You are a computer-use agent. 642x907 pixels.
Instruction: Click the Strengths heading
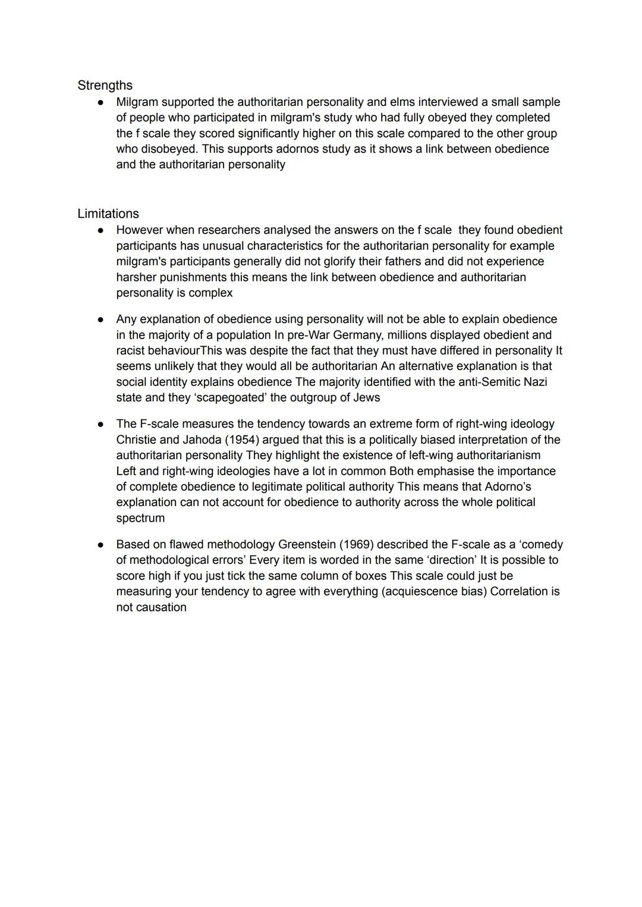pyautogui.click(x=105, y=86)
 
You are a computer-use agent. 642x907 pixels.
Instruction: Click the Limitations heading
pyautogui.click(x=108, y=214)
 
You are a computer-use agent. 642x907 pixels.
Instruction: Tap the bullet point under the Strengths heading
pyautogui.click(x=101, y=103)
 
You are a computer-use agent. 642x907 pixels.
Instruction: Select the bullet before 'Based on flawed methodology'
pyautogui.click(x=101, y=545)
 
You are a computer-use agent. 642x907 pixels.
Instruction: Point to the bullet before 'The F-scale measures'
pyautogui.click(x=101, y=425)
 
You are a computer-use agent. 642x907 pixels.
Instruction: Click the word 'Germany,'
pyautogui.click(x=357, y=335)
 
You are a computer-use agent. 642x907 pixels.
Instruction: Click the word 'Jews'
pyautogui.click(x=366, y=397)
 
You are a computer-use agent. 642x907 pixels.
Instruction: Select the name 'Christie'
pyautogui.click(x=136, y=440)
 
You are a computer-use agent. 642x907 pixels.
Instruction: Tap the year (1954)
pyautogui.click(x=242, y=440)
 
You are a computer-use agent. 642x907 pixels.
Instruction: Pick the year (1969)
pyautogui.click(x=355, y=545)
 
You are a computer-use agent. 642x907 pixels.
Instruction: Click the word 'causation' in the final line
pyautogui.click(x=162, y=607)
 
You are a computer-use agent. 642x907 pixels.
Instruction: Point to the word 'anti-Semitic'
pyautogui.click(x=490, y=382)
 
